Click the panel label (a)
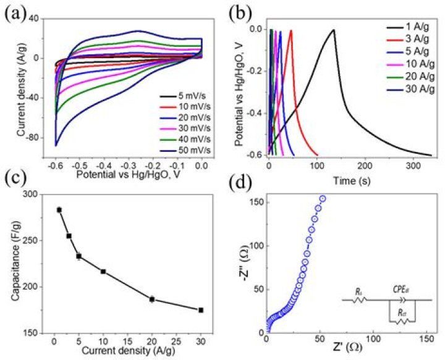15,12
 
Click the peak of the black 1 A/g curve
334,30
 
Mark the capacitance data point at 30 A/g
201,310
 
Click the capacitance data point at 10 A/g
103,272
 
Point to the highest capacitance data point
59,210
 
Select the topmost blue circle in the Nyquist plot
323,198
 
